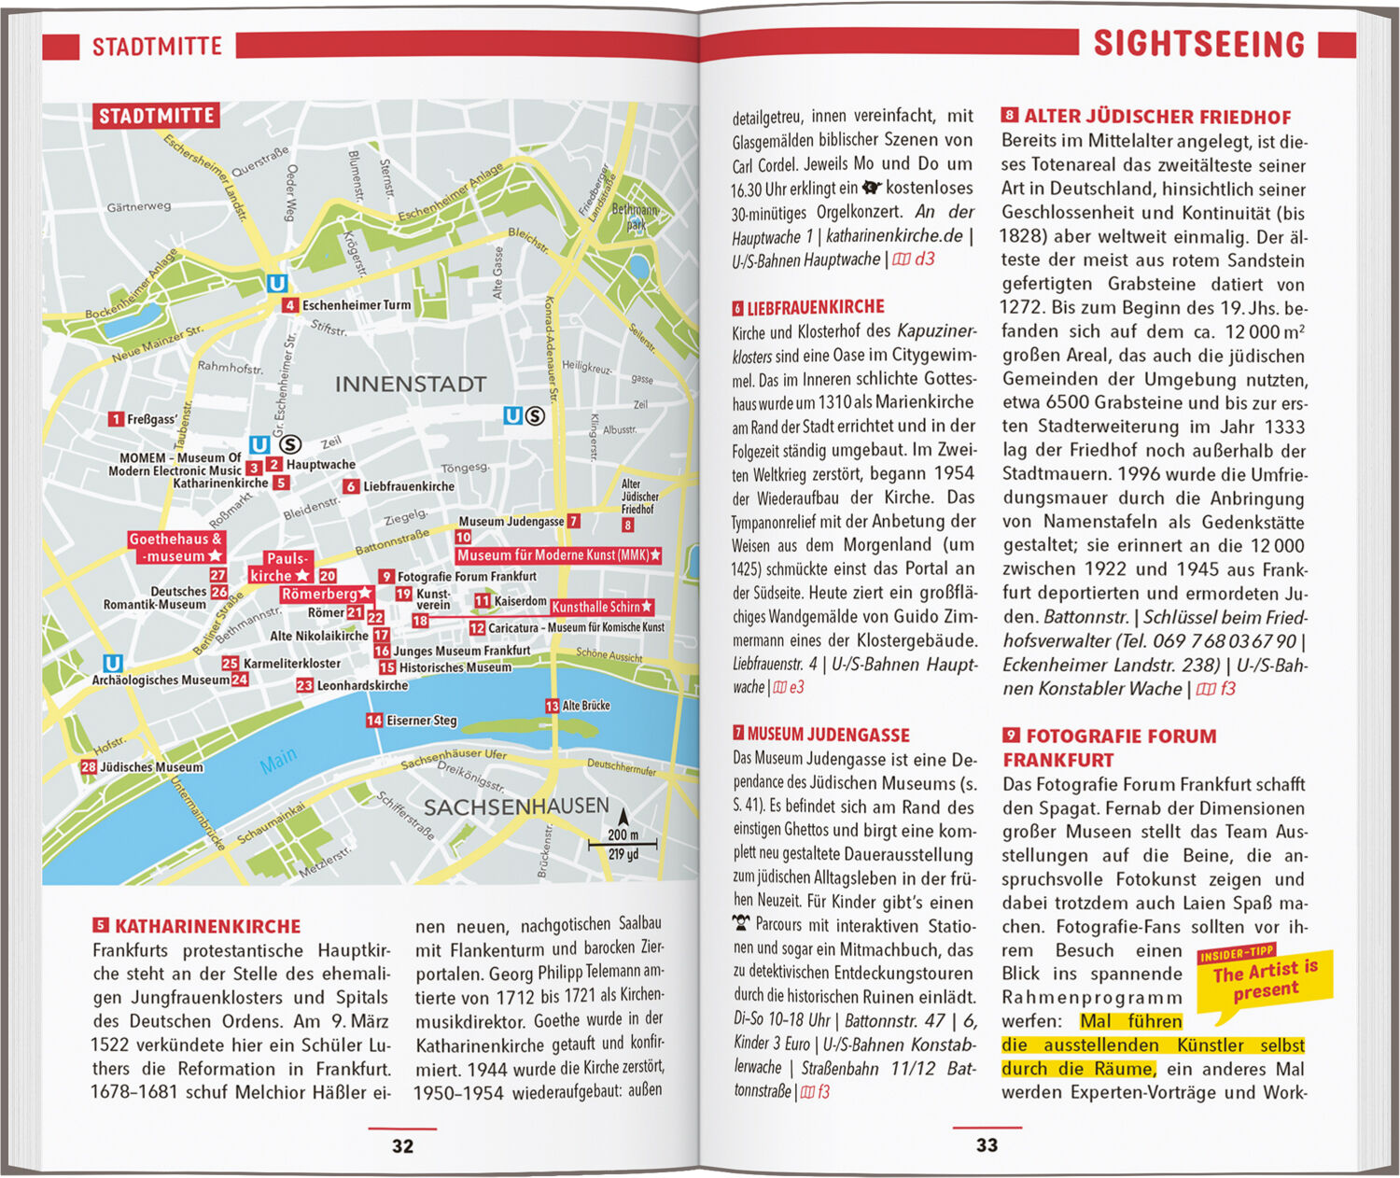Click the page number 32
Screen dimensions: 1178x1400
(402, 1146)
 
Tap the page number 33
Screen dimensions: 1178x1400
(987, 1145)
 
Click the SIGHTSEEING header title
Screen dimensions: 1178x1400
(1198, 44)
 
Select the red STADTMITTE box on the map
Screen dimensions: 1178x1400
(156, 116)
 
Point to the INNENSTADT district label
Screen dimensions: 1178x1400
(411, 384)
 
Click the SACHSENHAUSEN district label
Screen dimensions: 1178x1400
(516, 806)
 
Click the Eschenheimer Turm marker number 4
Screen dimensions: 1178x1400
(290, 305)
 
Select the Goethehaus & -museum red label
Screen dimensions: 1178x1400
(175, 548)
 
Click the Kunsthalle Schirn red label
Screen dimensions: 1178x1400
(601, 608)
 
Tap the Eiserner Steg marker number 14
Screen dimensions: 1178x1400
(374, 721)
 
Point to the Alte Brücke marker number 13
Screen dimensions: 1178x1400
(553, 707)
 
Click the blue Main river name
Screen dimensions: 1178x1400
(278, 762)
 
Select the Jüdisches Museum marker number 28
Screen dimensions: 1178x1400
(89, 767)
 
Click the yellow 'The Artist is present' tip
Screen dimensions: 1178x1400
(1265, 981)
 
